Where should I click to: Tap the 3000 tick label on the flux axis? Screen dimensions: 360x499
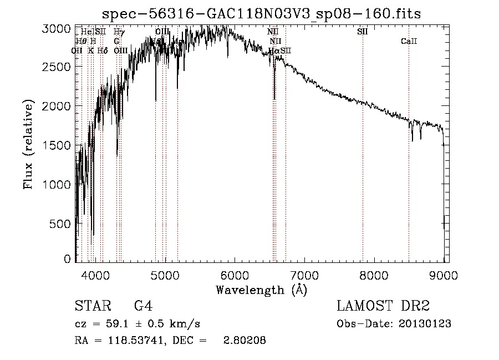click(57, 28)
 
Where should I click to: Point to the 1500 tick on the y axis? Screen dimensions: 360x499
click(57, 145)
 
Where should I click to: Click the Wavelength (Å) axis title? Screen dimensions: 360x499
click(261, 290)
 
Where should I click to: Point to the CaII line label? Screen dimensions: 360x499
click(409, 42)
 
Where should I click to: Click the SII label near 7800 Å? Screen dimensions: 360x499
click(363, 32)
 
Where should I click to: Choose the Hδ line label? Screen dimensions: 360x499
click(102, 51)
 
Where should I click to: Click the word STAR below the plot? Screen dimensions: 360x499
click(91, 307)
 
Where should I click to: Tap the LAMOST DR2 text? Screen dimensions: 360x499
click(383, 307)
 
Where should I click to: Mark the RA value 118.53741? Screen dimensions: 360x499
click(139, 341)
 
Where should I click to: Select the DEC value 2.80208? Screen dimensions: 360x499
click(245, 341)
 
